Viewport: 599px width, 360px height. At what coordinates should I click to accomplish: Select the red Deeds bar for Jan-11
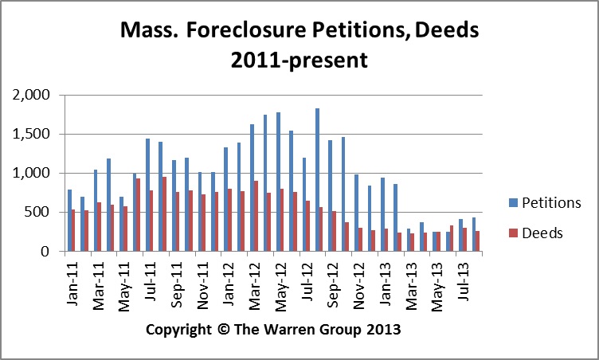74,231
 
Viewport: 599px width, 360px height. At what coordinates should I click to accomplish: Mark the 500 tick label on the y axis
38,213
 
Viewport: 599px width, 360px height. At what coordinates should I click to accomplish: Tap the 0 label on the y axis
46,252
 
